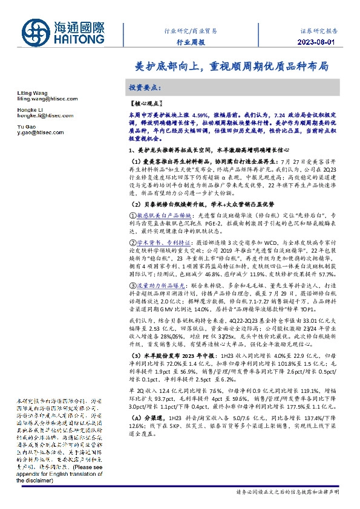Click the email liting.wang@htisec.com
(x=38, y=96)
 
